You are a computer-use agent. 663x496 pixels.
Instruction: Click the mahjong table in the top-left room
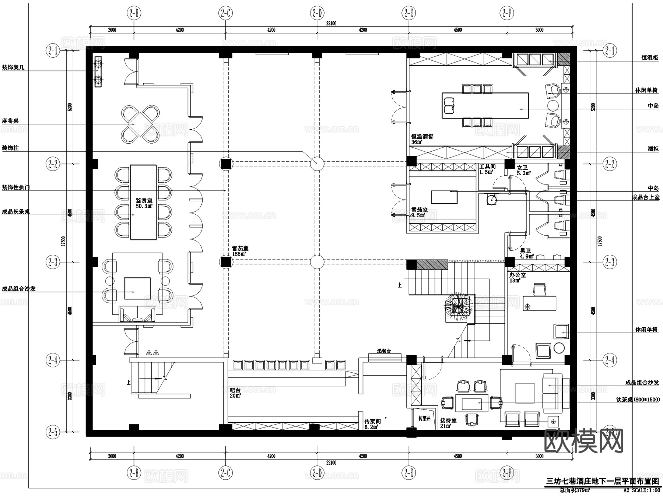coord(140,124)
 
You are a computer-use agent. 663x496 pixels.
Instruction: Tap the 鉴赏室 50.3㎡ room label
coord(144,203)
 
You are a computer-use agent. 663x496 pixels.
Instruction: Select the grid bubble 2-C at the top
coord(225,14)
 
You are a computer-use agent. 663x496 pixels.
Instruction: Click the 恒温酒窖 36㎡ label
coord(422,139)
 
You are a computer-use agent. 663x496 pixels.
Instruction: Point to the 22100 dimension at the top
coord(331,24)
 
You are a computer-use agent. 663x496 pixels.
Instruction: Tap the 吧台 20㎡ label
coord(235,393)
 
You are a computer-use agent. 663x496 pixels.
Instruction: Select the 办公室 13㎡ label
coord(517,278)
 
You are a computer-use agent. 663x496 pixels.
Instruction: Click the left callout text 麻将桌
coord(10,121)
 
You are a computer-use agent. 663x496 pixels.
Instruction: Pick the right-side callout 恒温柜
coord(650,58)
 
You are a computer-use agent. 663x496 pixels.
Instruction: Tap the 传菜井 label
coord(424,418)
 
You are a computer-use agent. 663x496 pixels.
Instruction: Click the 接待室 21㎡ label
coord(448,423)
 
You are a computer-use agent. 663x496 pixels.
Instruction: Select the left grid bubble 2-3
coord(53,262)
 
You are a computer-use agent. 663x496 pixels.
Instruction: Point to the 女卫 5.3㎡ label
coord(523,170)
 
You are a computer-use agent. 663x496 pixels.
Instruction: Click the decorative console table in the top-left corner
coord(98,72)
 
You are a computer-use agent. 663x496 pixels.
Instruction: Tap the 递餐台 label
coord(384,351)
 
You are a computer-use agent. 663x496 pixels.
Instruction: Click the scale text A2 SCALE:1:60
coord(641,490)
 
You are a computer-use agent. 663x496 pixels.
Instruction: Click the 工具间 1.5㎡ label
coord(487,169)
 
